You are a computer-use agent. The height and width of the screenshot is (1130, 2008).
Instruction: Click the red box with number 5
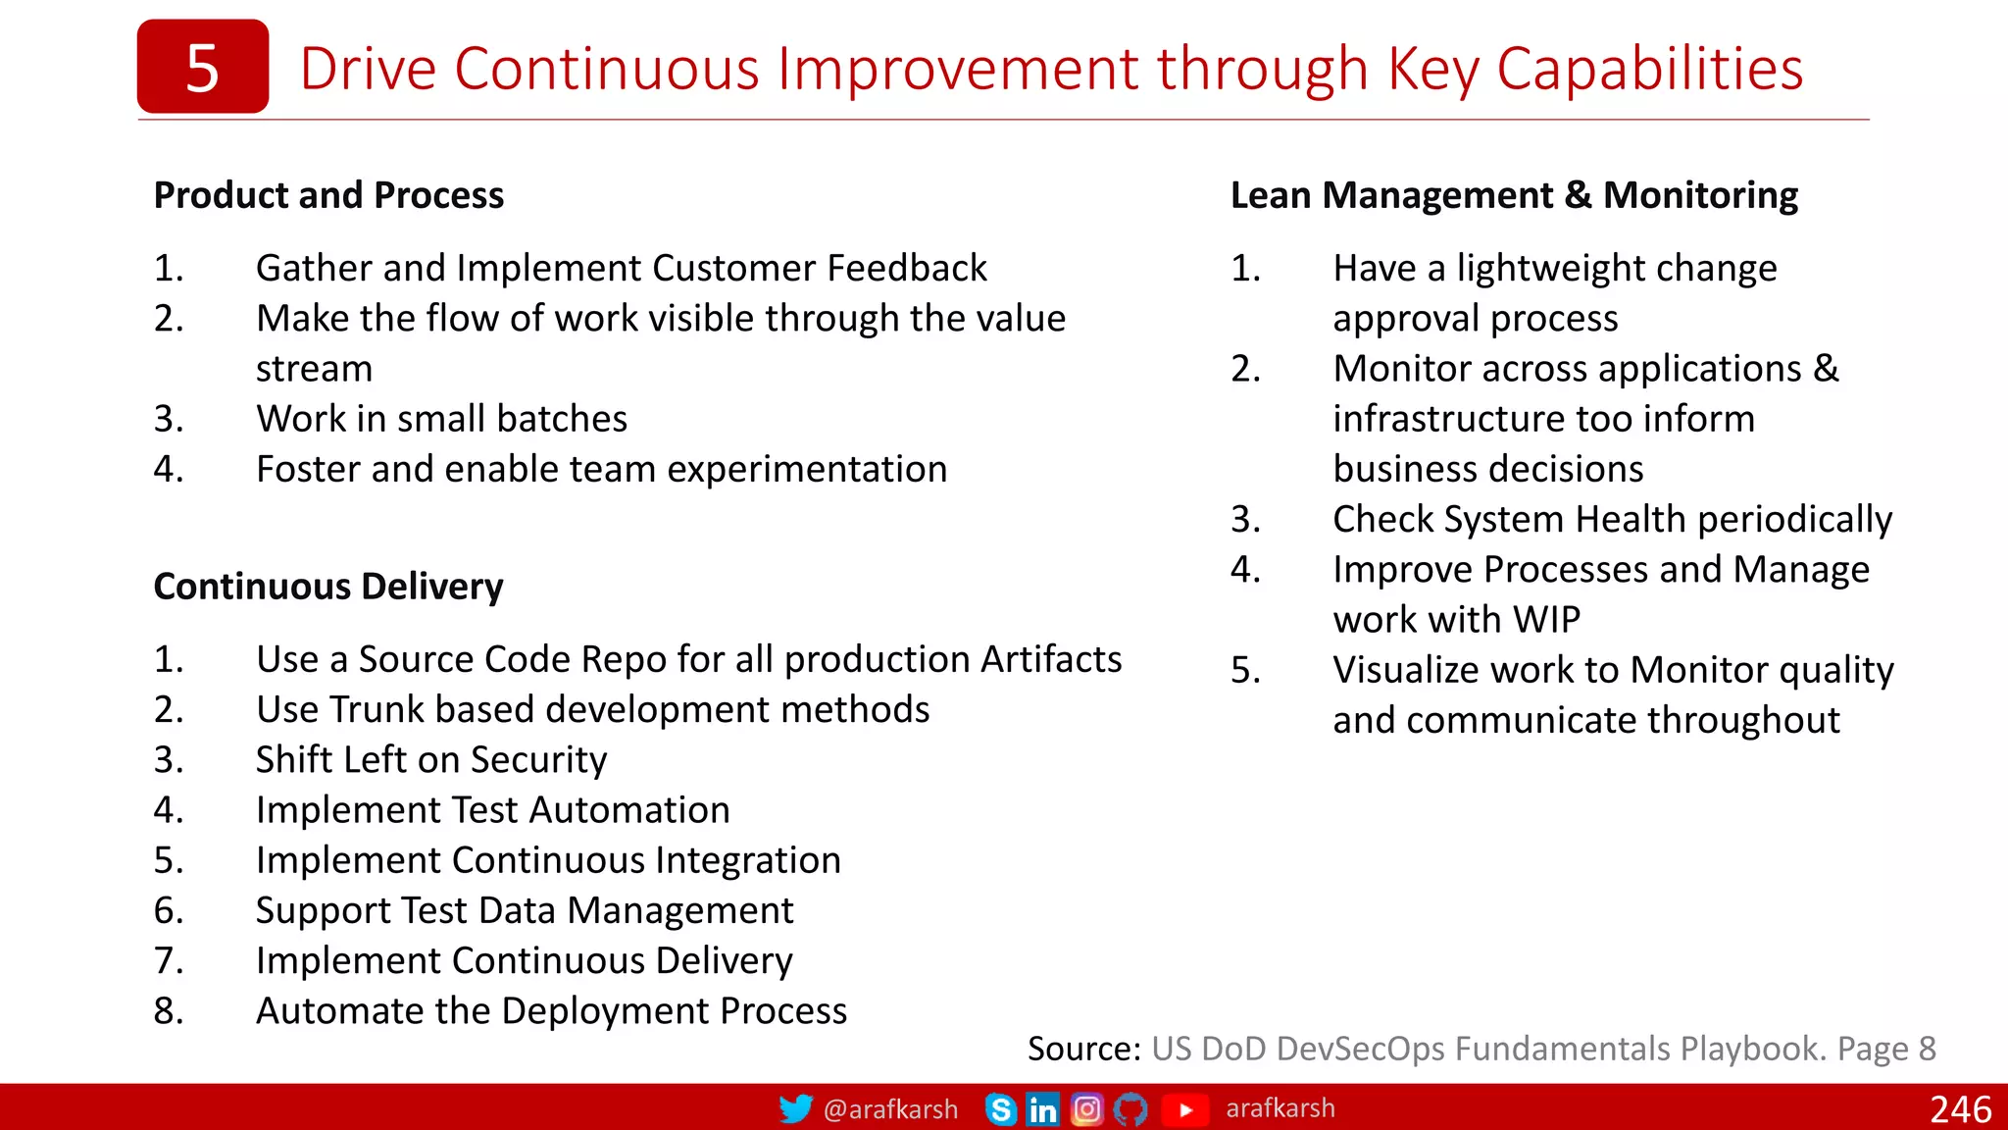[202, 67]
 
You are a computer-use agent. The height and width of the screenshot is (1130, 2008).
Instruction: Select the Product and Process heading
[328, 195]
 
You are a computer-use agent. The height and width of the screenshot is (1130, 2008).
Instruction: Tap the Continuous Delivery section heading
[328, 587]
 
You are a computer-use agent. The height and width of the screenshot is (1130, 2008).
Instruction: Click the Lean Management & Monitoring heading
[1514, 195]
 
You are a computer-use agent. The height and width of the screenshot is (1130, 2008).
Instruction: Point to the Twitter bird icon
[795, 1108]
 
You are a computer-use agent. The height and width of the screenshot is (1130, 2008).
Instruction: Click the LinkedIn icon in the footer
[1042, 1109]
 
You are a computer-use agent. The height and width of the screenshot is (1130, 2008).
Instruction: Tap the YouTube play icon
[1185, 1109]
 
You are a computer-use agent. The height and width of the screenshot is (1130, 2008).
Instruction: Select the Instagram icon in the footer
[1086, 1109]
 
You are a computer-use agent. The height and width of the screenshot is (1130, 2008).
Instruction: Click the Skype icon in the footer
[1000, 1109]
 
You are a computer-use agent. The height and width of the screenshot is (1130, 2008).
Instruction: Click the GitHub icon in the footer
[1130, 1109]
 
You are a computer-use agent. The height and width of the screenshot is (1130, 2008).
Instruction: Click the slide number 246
[1960, 1109]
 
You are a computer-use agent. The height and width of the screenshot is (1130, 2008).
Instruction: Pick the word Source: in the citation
[1083, 1049]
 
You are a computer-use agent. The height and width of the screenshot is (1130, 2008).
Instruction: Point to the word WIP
[1546, 620]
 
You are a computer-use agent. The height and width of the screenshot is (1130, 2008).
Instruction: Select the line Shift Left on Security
[431, 759]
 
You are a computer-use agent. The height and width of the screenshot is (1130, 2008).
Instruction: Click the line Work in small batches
[441, 419]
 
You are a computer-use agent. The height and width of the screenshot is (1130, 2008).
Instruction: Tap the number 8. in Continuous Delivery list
[169, 1010]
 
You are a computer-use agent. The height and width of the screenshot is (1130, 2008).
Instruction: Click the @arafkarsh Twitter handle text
[890, 1109]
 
